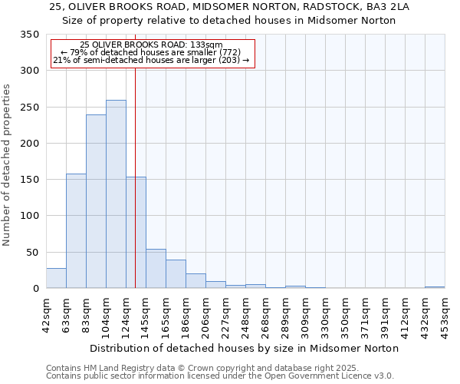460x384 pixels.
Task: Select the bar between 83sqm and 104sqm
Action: point(96,201)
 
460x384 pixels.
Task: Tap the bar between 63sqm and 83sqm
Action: point(76,231)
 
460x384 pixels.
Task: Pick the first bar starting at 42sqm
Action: point(56,278)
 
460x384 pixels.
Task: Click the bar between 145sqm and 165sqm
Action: point(156,269)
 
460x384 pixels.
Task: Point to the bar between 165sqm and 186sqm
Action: point(176,274)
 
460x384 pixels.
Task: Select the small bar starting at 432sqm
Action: point(435,287)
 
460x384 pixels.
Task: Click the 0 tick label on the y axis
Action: point(34,289)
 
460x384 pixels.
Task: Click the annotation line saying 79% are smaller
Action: point(151,52)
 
